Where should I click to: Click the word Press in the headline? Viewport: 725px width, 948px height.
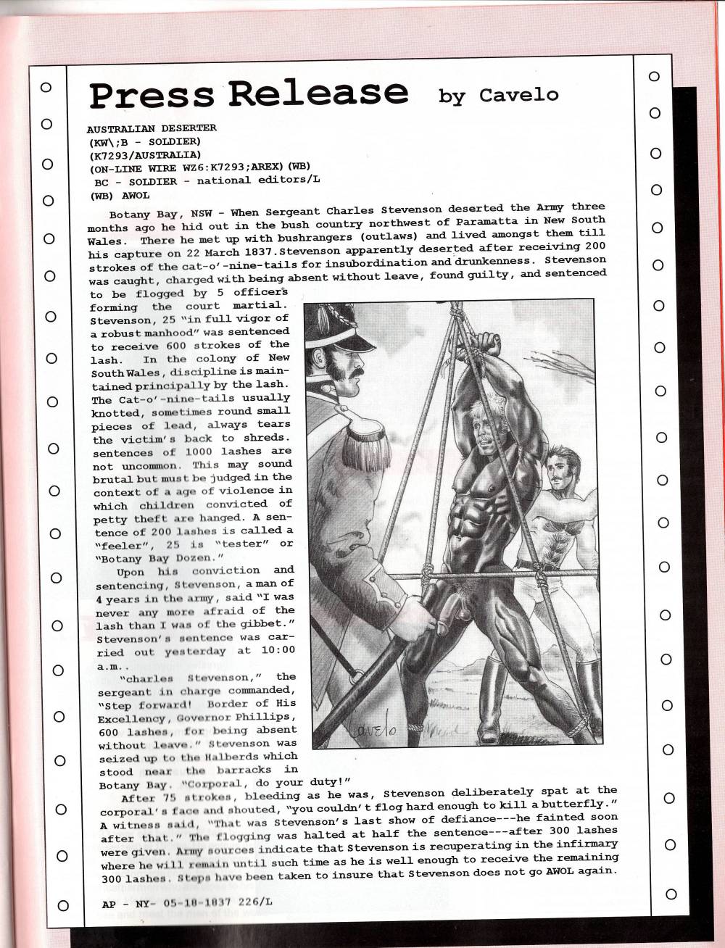coord(151,95)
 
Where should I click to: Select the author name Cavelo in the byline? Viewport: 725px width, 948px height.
coord(518,94)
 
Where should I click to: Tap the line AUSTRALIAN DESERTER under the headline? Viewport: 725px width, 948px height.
coord(152,128)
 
